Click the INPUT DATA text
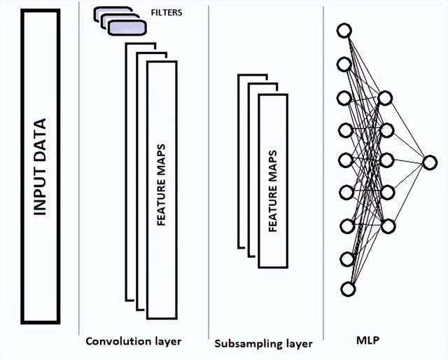(x=40, y=167)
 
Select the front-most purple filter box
(x=129, y=27)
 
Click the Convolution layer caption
(x=133, y=342)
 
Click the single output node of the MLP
(x=429, y=162)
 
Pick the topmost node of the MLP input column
(x=343, y=31)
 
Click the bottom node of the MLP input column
(x=348, y=289)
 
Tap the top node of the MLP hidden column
(x=384, y=97)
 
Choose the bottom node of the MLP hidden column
(x=388, y=226)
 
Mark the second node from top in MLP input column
(x=344, y=64)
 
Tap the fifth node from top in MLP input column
(x=345, y=160)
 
